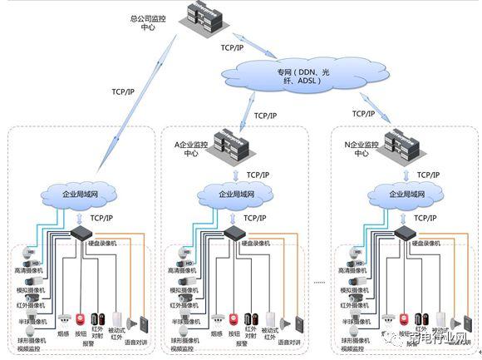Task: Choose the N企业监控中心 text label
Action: (360, 149)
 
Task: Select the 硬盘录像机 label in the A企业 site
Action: (258, 243)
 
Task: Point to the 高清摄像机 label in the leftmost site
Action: (27, 271)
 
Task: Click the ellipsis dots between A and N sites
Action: (319, 283)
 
